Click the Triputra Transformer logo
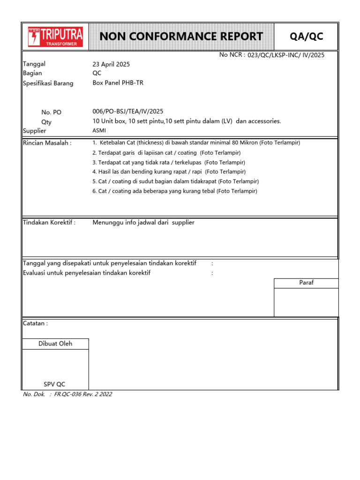(x=55, y=37)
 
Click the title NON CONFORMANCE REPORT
(x=181, y=37)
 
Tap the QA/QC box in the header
(x=307, y=37)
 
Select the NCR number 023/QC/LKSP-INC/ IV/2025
(x=285, y=55)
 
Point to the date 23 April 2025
(x=111, y=64)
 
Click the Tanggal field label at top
(x=34, y=64)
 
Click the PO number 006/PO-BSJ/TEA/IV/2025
(x=128, y=111)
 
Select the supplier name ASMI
(x=99, y=131)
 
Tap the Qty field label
(x=46, y=122)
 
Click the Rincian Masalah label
(x=47, y=142)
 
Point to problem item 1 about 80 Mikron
(x=196, y=142)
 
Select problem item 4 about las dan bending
(x=169, y=172)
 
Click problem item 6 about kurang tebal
(x=174, y=191)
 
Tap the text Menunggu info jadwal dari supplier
(x=143, y=223)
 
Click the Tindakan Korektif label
(x=49, y=223)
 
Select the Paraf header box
(x=306, y=283)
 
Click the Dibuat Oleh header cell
(x=55, y=344)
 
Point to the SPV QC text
(x=55, y=384)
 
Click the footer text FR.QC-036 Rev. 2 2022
(x=83, y=394)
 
